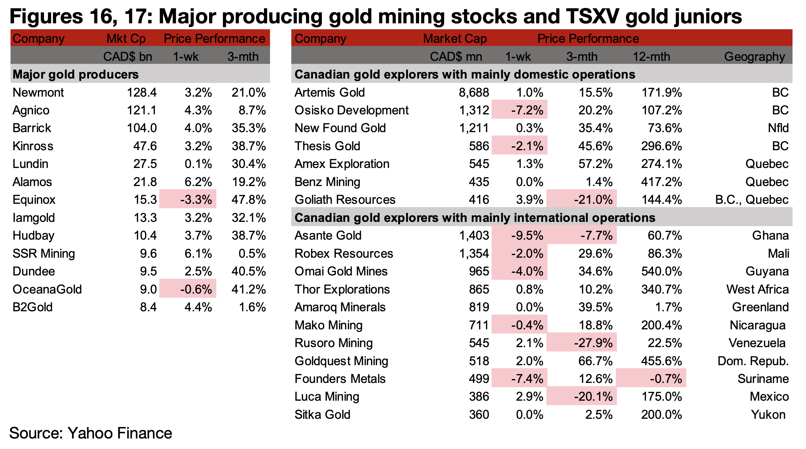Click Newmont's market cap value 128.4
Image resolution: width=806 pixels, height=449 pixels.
click(142, 93)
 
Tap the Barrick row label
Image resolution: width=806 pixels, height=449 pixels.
click(32, 128)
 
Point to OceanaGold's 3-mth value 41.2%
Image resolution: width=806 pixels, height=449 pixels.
click(249, 289)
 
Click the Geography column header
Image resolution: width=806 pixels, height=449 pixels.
click(754, 57)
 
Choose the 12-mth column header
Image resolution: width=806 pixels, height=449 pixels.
click(651, 57)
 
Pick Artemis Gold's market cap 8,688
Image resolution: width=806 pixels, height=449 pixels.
click(474, 93)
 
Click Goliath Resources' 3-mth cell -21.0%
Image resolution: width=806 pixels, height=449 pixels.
click(593, 200)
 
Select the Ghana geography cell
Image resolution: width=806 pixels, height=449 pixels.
click(770, 236)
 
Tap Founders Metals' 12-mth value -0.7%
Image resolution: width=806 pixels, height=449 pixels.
click(666, 379)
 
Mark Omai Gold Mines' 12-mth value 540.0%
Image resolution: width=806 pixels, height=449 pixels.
click(661, 272)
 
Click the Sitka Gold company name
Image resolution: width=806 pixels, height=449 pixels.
click(322, 414)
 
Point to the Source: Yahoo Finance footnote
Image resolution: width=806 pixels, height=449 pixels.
click(91, 433)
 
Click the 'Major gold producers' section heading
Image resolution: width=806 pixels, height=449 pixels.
click(76, 75)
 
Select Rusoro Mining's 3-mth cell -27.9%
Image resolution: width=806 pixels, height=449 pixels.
click(593, 343)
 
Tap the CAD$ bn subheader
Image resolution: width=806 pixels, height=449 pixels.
click(128, 57)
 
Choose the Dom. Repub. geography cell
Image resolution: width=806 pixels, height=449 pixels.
click(753, 361)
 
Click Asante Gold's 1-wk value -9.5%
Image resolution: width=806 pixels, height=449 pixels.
click(527, 236)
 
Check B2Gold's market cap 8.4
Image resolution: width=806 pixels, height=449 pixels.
click(148, 307)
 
